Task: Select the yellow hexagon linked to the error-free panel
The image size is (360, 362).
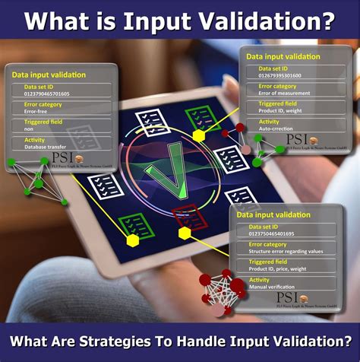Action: [x=132, y=240]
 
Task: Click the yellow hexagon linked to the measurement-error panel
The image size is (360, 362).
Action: [x=199, y=135]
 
